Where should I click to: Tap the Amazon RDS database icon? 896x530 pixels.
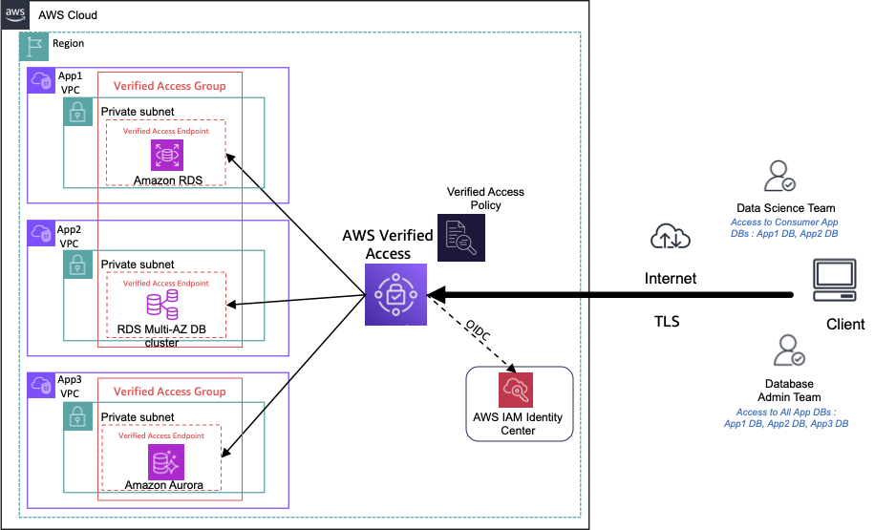click(x=166, y=156)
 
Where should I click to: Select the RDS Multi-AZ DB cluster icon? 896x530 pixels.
click(x=161, y=305)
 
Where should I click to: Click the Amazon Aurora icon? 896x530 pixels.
click(x=162, y=462)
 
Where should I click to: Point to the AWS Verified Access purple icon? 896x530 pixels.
click(x=395, y=294)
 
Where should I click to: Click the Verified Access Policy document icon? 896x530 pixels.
click(x=460, y=237)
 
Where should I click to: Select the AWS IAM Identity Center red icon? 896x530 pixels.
click(x=516, y=390)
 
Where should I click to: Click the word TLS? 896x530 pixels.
click(x=667, y=322)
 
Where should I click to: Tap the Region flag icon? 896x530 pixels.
click(x=34, y=44)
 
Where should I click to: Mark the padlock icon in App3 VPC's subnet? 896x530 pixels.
click(x=77, y=415)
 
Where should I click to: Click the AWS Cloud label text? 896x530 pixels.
click(x=68, y=15)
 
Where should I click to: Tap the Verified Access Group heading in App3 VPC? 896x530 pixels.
click(x=169, y=392)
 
